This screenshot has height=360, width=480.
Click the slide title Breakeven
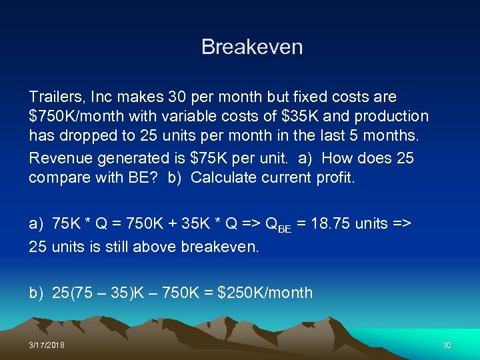(252, 47)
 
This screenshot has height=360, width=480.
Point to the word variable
(184, 117)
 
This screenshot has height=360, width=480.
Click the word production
(391, 117)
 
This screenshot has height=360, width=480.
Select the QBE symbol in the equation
(277, 225)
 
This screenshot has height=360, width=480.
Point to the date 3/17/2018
(47, 345)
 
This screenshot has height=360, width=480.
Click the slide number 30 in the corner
(447, 345)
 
